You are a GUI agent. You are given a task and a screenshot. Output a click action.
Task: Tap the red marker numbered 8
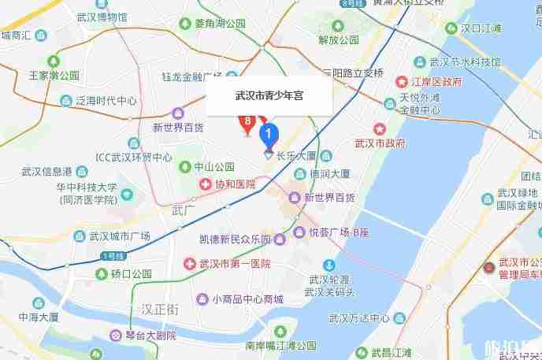[247, 122]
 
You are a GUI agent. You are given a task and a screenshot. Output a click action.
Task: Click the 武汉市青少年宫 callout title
[269, 96]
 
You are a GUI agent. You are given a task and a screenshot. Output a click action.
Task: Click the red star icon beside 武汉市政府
[379, 128]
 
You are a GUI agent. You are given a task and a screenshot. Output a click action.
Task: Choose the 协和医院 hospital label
[234, 184]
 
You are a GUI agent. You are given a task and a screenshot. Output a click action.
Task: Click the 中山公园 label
[214, 167]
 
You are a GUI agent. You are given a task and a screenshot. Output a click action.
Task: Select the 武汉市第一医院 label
[235, 263]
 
